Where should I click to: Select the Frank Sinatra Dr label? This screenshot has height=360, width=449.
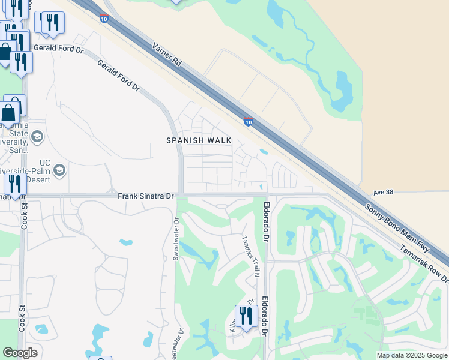[x=145, y=196]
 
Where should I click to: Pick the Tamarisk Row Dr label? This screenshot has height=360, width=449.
[x=424, y=264]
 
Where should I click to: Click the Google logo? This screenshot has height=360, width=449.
[x=20, y=353]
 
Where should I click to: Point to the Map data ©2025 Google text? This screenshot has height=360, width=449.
[x=411, y=355]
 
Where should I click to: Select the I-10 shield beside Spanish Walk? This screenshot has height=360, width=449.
[x=248, y=122]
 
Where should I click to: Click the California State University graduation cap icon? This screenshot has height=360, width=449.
[x=37, y=137]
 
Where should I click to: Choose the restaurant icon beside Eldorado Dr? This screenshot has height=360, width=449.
[x=246, y=316]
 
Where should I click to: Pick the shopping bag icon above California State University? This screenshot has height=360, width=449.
[x=10, y=112]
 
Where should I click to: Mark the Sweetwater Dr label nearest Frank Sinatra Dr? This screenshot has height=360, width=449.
[x=176, y=239]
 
